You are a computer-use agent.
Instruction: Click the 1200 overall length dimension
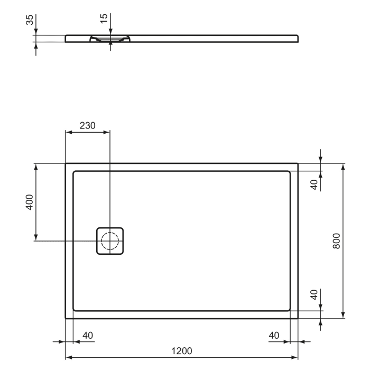(182, 351)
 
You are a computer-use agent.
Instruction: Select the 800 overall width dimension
(337, 241)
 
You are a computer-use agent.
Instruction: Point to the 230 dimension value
(87, 126)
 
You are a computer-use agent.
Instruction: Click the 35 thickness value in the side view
(30, 20)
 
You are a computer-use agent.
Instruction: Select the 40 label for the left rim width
(88, 335)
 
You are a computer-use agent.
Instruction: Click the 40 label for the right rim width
(274, 335)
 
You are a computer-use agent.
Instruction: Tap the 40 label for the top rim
(314, 184)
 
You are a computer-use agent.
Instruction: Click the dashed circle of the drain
(110, 241)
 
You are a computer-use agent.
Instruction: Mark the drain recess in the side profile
(110, 39)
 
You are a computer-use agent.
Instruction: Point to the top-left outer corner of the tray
(66, 163)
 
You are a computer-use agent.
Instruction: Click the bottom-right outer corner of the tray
(298, 319)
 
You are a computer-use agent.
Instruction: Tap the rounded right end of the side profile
(297, 38)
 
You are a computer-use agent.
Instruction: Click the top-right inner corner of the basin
(289, 172)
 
